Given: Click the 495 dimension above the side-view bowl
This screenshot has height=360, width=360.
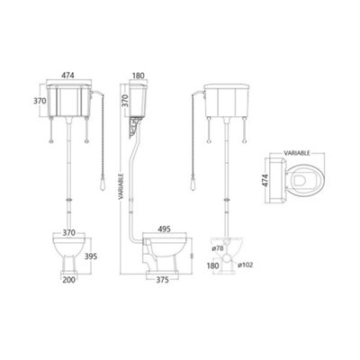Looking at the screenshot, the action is point(164,229).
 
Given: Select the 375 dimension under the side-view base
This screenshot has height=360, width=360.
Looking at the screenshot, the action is point(163,280).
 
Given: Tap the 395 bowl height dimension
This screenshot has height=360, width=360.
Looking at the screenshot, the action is point(91,256).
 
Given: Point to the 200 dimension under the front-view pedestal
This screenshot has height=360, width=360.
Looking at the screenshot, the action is point(69,280).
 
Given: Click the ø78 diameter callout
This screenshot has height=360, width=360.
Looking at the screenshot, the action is point(217,248).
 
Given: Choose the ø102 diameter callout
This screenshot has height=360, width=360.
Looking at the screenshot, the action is point(246,265).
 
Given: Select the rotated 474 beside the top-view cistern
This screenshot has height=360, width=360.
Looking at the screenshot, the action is point(265,180).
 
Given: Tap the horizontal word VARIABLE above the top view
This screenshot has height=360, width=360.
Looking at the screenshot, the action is point(297,153).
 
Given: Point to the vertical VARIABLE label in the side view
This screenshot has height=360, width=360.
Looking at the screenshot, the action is point(121,186).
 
